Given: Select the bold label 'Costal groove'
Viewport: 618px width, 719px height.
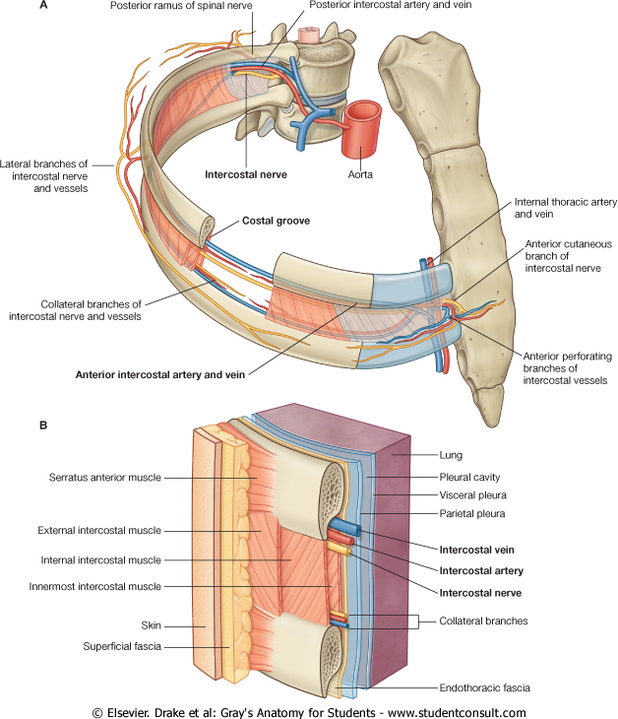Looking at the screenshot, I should click(x=277, y=222).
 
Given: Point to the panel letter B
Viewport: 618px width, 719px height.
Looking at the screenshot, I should click(x=43, y=425).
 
